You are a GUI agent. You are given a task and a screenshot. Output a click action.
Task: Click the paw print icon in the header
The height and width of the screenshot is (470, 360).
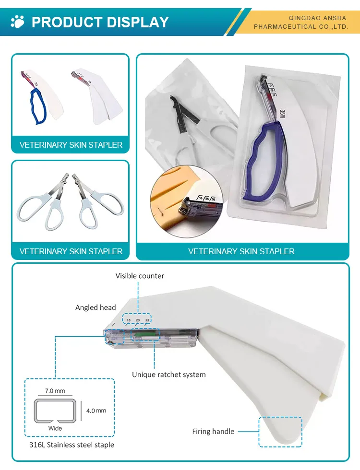point(18,22)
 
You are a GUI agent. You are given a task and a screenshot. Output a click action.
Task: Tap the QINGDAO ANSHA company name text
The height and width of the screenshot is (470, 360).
point(317,18)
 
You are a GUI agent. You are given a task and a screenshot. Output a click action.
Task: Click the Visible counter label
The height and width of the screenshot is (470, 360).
point(140,276)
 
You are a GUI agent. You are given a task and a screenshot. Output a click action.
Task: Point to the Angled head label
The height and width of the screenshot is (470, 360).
point(96,307)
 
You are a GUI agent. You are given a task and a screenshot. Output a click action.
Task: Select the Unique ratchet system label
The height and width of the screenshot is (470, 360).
point(169,374)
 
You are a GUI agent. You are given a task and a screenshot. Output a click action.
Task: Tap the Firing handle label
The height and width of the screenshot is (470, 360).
point(213,431)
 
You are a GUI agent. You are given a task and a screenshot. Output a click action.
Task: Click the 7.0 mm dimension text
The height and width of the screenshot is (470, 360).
point(55,391)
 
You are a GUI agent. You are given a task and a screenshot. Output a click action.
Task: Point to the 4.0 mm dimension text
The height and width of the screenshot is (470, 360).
point(96,411)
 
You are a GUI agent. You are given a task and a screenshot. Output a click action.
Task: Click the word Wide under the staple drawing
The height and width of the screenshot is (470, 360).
point(55,428)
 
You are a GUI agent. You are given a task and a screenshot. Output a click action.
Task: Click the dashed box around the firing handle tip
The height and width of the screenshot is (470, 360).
point(280,432)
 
